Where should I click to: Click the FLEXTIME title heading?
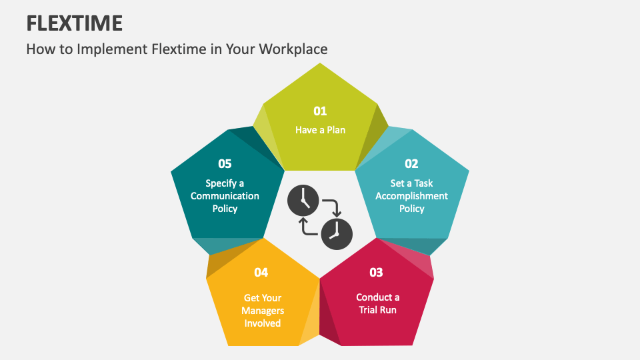(x=74, y=23)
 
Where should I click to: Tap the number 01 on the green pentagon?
(x=320, y=111)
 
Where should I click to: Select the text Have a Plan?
(x=320, y=130)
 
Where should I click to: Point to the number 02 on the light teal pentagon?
(x=411, y=163)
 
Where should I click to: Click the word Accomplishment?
(x=411, y=196)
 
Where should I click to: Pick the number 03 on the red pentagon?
(x=377, y=272)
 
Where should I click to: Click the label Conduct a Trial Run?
(x=378, y=303)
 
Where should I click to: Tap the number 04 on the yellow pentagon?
(x=261, y=272)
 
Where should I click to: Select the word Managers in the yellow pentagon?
(x=263, y=311)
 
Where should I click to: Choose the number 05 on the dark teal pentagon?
(x=225, y=163)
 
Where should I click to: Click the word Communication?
(x=225, y=196)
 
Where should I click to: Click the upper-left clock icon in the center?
(x=303, y=200)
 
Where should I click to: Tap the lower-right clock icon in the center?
(x=337, y=231)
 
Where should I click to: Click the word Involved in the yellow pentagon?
(x=263, y=323)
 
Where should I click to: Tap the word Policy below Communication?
(x=225, y=209)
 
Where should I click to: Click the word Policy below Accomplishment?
(x=411, y=209)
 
